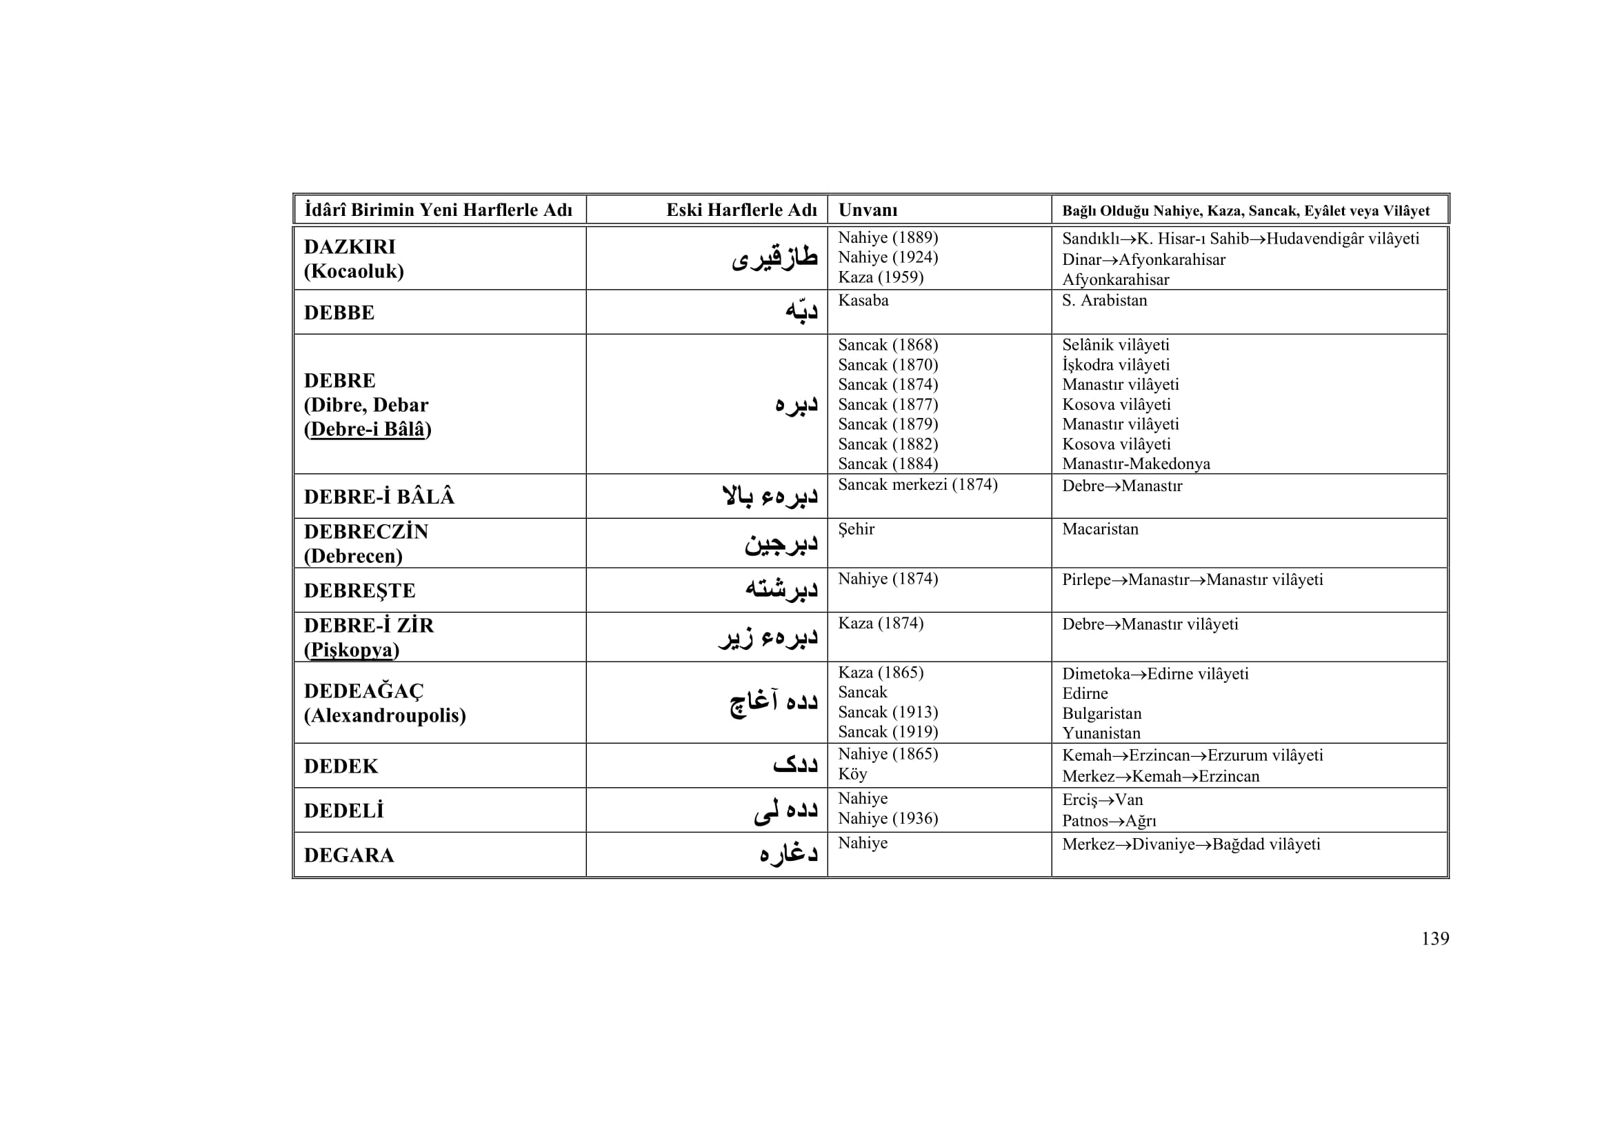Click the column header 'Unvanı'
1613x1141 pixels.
click(868, 210)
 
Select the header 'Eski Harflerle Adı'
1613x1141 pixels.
click(741, 210)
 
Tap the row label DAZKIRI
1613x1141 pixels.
click(349, 246)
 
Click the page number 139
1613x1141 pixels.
click(1434, 939)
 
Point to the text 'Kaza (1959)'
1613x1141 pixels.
click(880, 277)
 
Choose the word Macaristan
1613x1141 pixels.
click(1099, 529)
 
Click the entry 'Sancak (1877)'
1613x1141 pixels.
click(888, 405)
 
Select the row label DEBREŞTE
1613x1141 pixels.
click(359, 591)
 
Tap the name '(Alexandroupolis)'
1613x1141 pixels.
click(384, 716)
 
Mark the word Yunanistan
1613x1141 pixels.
click(1101, 733)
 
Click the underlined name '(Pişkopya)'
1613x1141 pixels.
click(351, 650)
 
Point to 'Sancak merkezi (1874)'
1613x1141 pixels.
click(916, 485)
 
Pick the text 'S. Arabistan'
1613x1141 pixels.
click(1103, 301)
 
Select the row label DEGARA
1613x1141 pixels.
click(348, 855)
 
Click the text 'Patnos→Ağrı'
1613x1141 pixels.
click(1109, 821)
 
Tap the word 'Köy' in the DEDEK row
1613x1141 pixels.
click(852, 774)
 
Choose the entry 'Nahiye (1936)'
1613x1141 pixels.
click(888, 819)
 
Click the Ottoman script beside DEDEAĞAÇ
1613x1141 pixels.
click(774, 702)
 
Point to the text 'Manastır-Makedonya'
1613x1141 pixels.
click(1135, 464)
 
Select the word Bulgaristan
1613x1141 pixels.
click(1101, 714)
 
